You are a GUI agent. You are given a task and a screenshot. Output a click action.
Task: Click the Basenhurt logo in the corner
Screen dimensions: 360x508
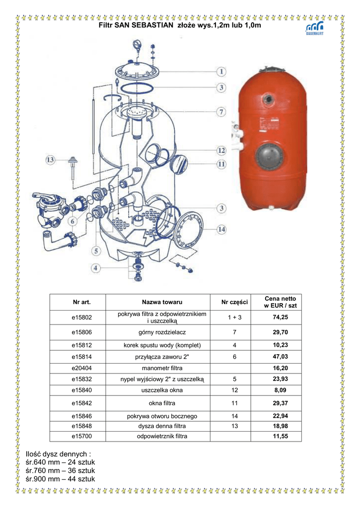tap(315, 28)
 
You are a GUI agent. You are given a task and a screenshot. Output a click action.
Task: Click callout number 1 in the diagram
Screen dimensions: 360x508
tap(221, 71)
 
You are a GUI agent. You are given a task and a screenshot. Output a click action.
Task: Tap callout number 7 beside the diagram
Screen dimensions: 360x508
tap(221, 112)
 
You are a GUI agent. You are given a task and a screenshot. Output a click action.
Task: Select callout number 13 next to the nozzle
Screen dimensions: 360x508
tap(50, 160)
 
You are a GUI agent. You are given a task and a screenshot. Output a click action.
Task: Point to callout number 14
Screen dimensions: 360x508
tap(221, 229)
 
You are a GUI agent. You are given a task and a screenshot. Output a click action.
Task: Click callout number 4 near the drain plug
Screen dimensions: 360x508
tap(95, 268)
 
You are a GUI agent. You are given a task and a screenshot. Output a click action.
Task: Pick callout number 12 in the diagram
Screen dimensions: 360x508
tap(221, 150)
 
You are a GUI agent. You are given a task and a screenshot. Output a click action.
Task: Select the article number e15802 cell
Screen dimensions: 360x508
tap(82, 317)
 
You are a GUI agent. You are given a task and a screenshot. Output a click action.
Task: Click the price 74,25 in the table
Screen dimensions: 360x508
tap(280, 317)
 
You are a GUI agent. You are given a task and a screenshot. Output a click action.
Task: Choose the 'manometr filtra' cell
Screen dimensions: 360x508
tap(162, 368)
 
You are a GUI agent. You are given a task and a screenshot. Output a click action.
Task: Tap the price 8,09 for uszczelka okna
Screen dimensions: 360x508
tap(280, 390)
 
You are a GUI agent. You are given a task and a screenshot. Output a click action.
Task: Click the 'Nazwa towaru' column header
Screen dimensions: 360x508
tap(162, 302)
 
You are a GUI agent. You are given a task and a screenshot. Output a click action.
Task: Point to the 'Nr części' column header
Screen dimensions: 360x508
tap(234, 302)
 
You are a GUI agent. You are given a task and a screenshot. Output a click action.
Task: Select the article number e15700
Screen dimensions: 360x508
tap(82, 436)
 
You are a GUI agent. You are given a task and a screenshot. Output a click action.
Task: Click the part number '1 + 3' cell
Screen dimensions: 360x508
tap(234, 317)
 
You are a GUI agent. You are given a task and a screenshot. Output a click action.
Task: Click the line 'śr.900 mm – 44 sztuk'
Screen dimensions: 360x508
tap(60, 479)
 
